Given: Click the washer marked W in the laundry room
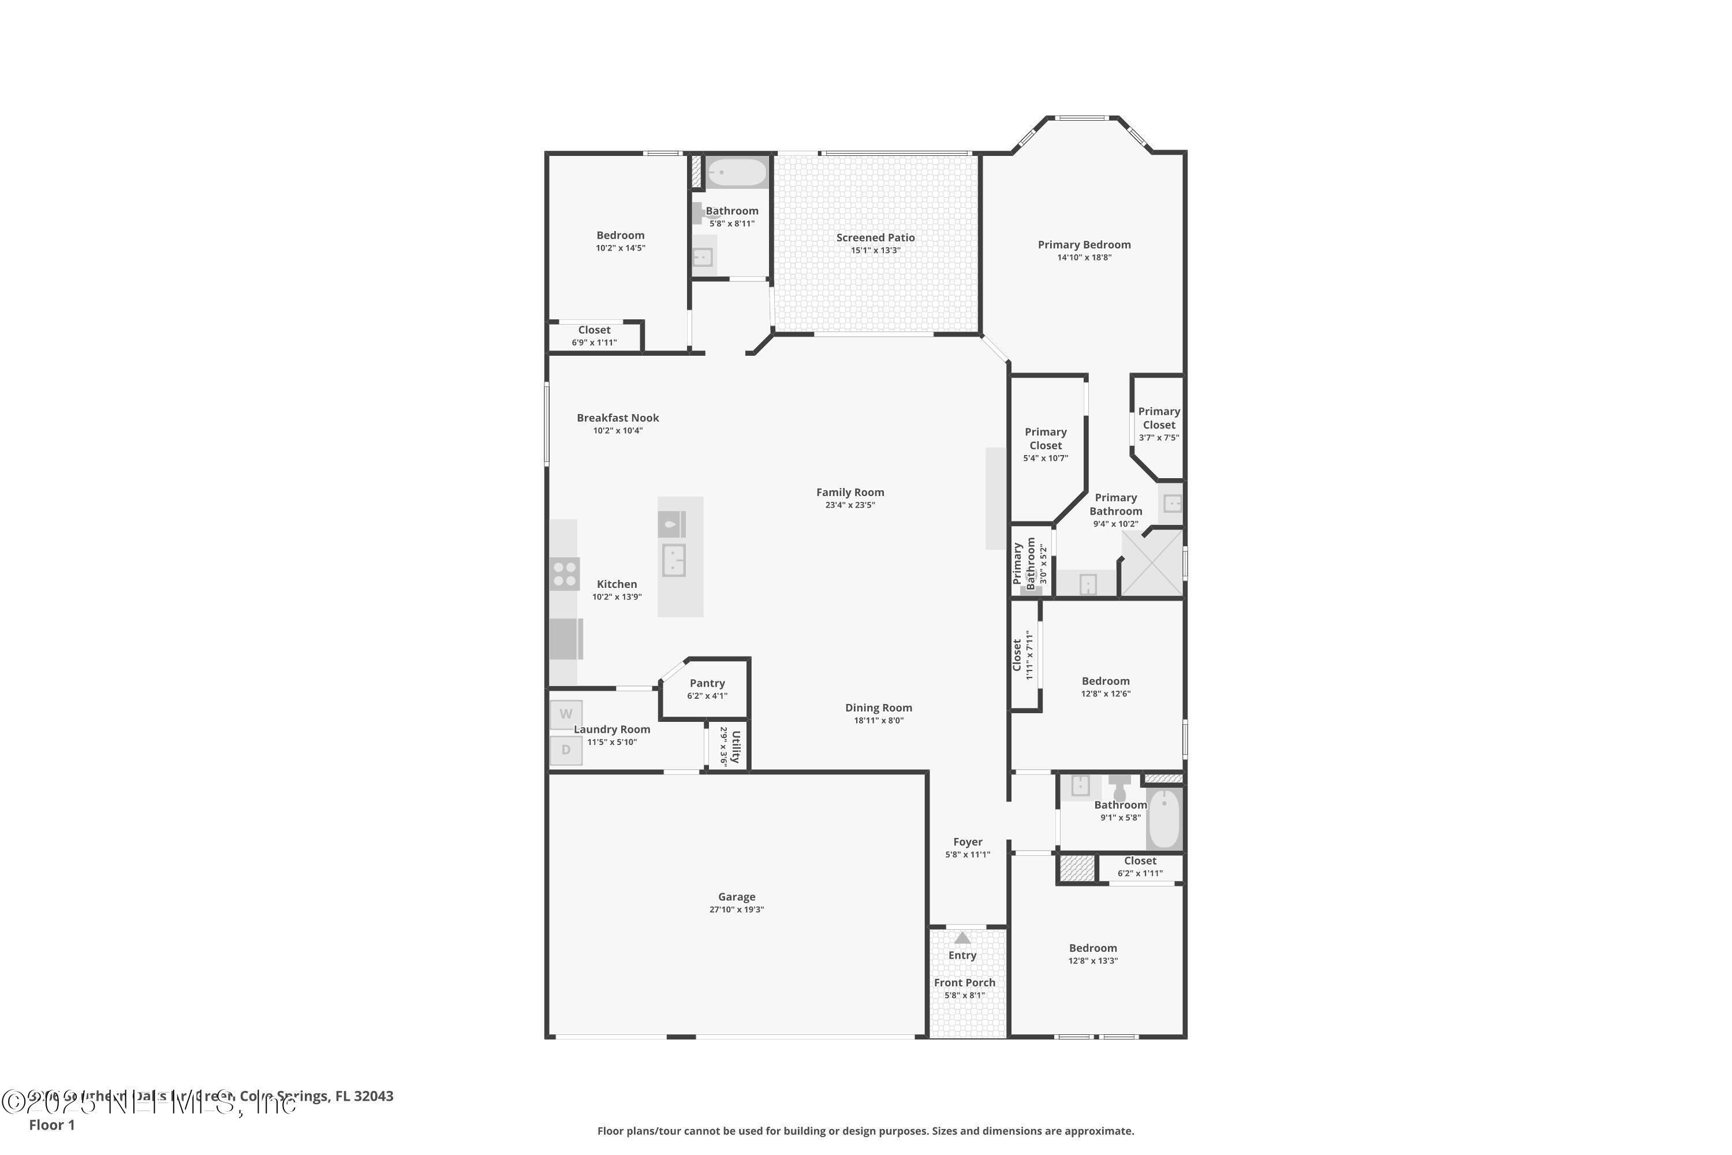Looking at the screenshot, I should (x=566, y=714).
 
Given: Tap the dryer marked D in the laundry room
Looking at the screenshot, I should (x=566, y=750).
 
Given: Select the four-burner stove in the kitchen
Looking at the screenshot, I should (x=565, y=574).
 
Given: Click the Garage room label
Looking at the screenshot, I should (x=737, y=896).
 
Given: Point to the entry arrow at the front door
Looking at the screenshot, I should (x=962, y=938).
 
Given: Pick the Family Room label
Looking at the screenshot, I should (x=850, y=492).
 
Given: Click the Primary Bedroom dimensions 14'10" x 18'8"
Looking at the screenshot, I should (x=1084, y=258).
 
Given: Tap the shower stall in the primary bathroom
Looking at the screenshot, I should (x=1152, y=564).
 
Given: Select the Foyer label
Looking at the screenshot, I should (x=968, y=841).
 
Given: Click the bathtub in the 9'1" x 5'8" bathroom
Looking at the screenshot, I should (x=1163, y=819).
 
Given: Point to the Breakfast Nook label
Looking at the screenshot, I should (x=617, y=418).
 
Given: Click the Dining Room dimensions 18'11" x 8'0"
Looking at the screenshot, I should (x=879, y=720).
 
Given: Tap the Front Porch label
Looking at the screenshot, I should (x=964, y=983).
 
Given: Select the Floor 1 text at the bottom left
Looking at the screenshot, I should (x=51, y=1125).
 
